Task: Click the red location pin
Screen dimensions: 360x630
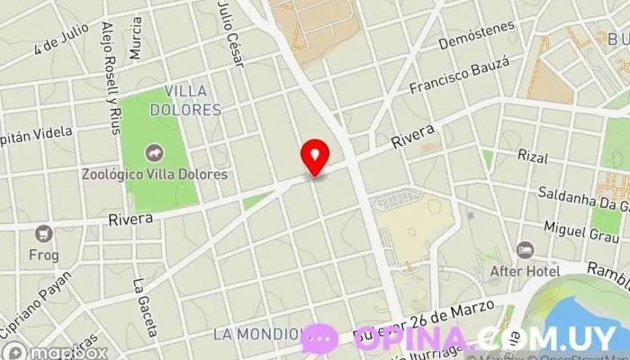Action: [x=315, y=156]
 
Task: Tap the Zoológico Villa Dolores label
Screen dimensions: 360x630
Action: [x=153, y=174]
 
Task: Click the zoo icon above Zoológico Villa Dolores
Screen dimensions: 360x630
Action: [x=153, y=153]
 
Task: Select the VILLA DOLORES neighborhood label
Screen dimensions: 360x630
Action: [x=187, y=100]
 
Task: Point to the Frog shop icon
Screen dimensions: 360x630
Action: [x=43, y=234]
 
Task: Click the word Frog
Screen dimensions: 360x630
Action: [x=43, y=255]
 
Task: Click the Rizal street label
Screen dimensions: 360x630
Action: [x=533, y=157]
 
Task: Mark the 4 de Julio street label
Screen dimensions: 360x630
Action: [x=60, y=38]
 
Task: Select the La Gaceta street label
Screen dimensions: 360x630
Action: [x=145, y=306]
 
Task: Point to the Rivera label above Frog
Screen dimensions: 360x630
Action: [x=130, y=219]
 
